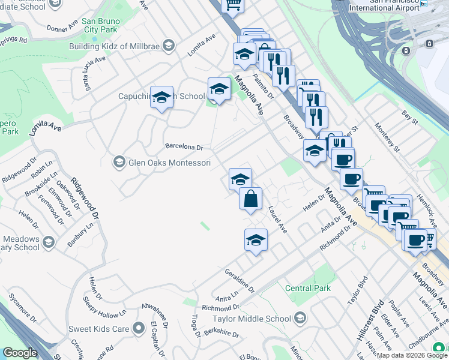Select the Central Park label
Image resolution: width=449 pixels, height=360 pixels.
coord(307,288)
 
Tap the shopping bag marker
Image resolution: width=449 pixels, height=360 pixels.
coord(251,199)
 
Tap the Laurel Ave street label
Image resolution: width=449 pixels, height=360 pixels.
coord(278,220)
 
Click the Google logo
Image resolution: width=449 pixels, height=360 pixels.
coord(19,353)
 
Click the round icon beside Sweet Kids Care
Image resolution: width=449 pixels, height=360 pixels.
coord(139,328)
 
